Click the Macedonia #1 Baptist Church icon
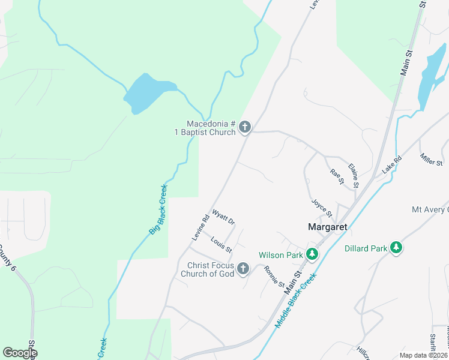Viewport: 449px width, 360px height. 244,127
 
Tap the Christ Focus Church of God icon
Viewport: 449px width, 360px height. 243,268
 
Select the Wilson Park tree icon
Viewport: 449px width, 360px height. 312,255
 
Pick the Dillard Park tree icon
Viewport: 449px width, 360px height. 396,248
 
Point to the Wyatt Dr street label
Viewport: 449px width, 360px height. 223,217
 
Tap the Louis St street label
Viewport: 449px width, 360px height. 221,245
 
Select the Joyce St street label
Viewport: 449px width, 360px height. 322,208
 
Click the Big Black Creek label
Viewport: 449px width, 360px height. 158,209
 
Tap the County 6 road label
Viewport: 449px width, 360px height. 7,257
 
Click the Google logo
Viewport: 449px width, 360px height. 20,353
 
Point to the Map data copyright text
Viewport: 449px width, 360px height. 424,355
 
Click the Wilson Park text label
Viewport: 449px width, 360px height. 279,255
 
